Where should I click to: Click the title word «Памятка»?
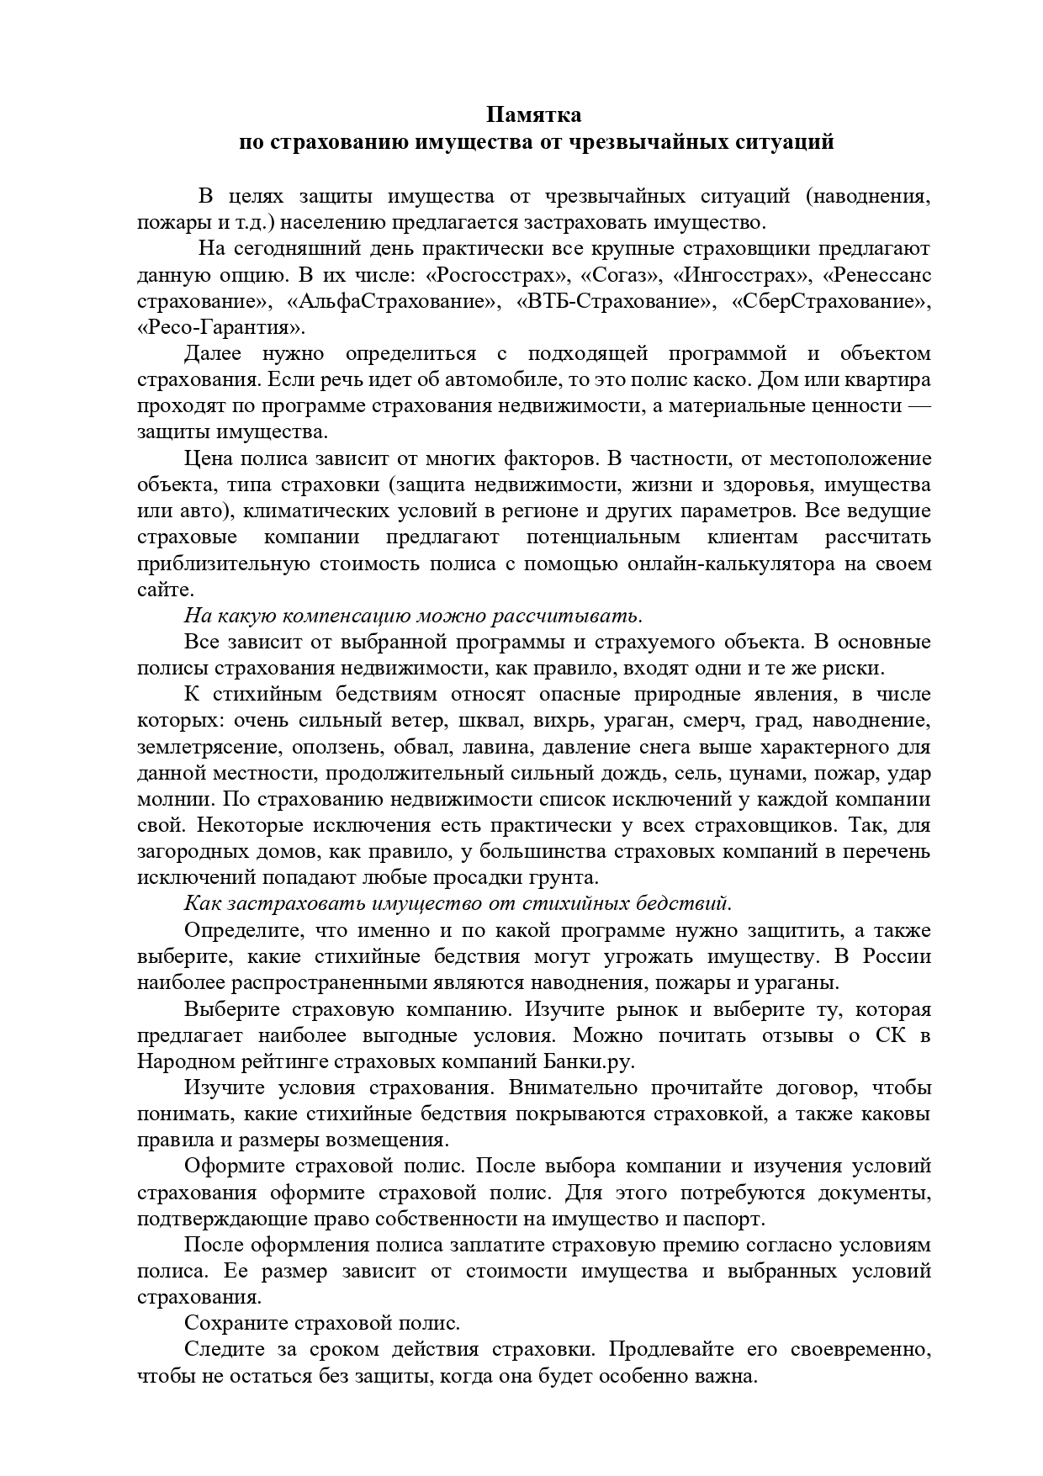coord(535,114)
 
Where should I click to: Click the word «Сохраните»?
coord(236,1323)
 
